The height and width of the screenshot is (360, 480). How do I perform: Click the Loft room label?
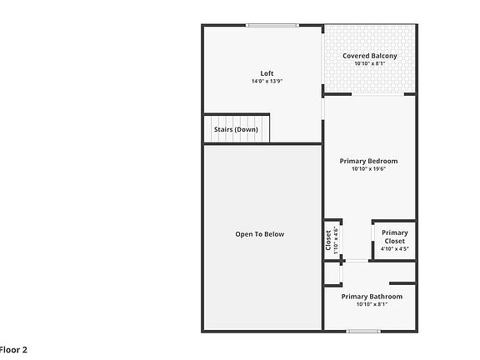(x=267, y=73)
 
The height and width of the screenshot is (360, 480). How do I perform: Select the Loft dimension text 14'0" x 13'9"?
(x=267, y=82)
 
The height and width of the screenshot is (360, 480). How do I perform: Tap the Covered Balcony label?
(x=369, y=56)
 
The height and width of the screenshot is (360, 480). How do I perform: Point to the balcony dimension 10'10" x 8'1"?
(x=369, y=64)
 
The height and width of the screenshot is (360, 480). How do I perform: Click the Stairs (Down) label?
(x=237, y=130)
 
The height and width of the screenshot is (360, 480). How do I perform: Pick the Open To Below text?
(x=259, y=234)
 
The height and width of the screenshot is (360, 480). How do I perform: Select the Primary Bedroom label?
(x=368, y=161)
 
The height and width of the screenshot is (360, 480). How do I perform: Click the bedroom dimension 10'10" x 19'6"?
(x=368, y=169)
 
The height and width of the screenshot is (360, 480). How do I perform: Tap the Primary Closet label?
(x=395, y=237)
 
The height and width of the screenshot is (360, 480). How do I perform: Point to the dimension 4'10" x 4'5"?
(x=395, y=249)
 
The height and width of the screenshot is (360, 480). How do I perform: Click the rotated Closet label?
(x=328, y=240)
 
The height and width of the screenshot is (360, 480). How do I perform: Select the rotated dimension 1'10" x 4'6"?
(x=336, y=240)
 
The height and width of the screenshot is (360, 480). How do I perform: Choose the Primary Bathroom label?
(x=372, y=297)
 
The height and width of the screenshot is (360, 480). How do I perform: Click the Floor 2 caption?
(x=13, y=350)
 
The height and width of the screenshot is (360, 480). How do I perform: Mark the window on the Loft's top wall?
(x=272, y=25)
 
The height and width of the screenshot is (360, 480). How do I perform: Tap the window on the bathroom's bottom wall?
(x=363, y=332)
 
